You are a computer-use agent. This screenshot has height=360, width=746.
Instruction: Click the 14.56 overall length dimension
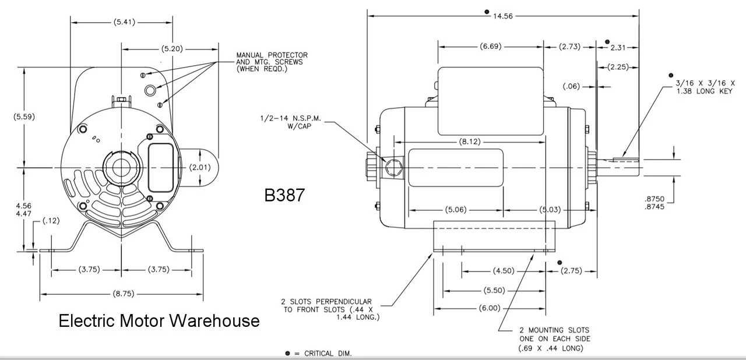502,16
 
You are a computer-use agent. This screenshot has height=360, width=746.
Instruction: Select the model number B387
284,195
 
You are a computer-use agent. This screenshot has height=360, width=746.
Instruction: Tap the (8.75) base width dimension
121,294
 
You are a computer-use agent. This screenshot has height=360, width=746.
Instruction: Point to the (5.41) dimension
121,23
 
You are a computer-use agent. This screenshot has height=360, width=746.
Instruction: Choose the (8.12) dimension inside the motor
470,142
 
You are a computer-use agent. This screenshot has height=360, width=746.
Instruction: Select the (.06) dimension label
572,86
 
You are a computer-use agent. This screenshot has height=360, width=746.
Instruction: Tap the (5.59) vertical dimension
24,117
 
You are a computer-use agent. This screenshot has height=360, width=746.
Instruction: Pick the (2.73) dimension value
569,47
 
